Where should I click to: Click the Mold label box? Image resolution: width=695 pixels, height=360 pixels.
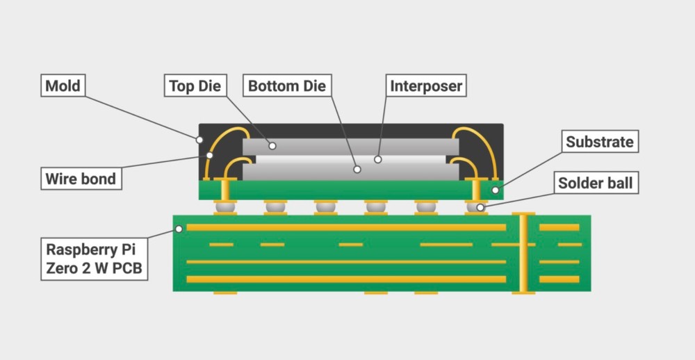tap(63, 86)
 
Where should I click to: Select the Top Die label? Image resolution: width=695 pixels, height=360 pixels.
tap(195, 86)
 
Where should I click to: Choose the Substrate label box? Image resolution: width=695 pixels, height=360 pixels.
tap(599, 142)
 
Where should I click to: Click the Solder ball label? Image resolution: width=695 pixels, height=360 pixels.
tap(596, 183)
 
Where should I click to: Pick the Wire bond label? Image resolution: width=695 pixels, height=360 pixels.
tap(81, 178)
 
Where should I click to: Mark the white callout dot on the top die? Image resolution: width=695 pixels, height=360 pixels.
tap(273, 146)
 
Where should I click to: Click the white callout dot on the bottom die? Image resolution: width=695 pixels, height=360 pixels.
tap(357, 169)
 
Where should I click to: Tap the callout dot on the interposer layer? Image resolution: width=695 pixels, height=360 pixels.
tap(378, 159)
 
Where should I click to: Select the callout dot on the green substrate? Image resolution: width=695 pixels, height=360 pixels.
tap(496, 189)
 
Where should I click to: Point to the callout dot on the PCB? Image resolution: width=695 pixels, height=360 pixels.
tap(179, 228)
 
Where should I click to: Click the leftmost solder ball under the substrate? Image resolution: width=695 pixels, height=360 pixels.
tap(225, 206)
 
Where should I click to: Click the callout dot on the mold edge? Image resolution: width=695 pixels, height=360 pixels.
tap(199, 139)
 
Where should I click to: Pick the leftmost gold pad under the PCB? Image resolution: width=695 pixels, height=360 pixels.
tap(225, 293)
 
